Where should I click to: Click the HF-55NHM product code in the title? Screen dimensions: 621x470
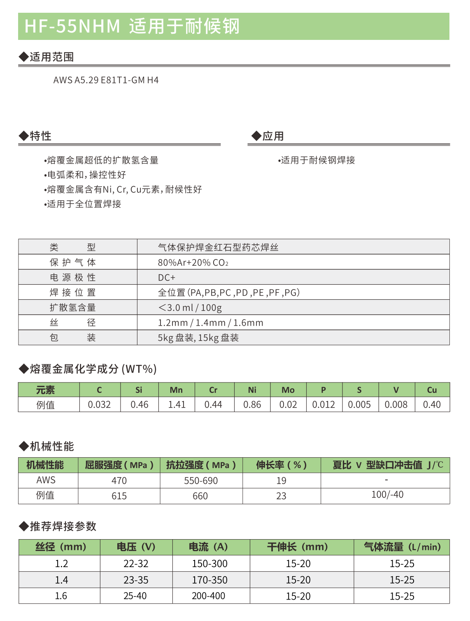72,26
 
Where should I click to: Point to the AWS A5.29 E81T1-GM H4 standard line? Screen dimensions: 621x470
106,80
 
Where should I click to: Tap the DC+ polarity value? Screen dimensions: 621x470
167,278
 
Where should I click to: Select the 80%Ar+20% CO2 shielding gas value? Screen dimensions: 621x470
193,262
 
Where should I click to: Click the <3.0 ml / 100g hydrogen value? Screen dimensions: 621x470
190,308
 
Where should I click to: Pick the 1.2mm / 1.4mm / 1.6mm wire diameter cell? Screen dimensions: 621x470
210,323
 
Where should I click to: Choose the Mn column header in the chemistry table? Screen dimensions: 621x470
176,390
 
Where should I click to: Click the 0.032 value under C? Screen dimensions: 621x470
99,405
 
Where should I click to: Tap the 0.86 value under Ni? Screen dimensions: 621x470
252,405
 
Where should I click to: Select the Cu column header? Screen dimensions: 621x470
432,390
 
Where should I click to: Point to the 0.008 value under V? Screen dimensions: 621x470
396,405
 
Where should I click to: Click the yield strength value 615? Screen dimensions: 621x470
119,496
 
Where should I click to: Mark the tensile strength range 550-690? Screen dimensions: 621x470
201,481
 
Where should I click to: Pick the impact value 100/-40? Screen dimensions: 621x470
387,495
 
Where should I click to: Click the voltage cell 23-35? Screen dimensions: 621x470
136,580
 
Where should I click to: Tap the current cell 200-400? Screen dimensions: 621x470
208,596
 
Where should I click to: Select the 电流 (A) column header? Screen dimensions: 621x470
208,547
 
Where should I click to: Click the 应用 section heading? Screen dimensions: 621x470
273,136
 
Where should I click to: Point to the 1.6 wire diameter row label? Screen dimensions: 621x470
61,596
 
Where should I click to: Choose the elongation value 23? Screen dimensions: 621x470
281,496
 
